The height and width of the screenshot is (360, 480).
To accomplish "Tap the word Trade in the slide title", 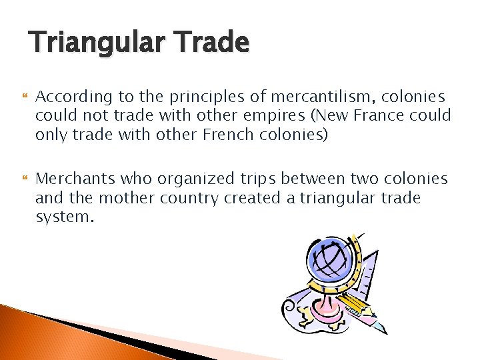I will point(212,43).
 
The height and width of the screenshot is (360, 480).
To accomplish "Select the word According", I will point(69,97).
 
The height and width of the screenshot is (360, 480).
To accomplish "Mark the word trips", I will point(256,179).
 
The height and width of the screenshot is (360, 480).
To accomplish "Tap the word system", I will point(62,217).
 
